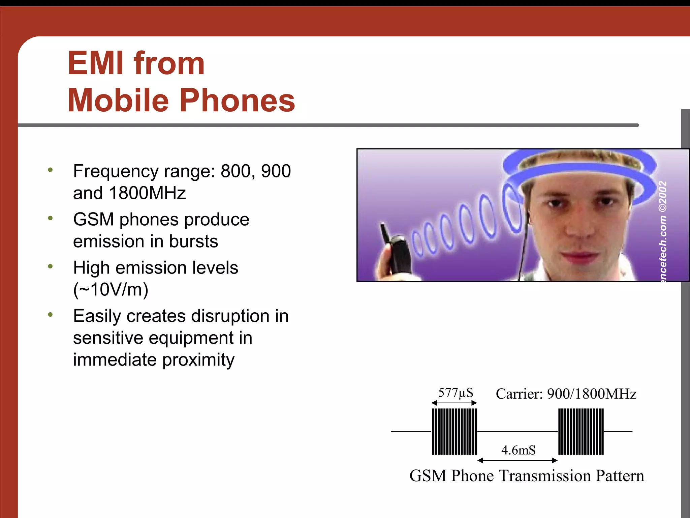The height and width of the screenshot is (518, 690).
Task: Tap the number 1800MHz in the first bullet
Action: (147, 193)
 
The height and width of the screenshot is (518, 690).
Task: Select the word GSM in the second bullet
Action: (93, 220)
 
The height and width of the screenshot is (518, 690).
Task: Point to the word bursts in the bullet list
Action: (193, 241)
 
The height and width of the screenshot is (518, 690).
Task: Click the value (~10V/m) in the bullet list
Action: (111, 290)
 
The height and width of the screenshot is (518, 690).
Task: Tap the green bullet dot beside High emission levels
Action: (51, 266)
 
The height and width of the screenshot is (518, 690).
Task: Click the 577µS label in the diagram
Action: (455, 393)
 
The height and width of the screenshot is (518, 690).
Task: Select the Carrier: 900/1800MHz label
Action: (566, 394)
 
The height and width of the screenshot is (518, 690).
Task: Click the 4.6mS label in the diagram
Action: (518, 450)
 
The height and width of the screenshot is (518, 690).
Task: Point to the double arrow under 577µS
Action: (454, 403)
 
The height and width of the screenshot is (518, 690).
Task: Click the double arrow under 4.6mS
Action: (517, 460)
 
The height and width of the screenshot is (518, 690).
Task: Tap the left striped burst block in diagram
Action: (454, 432)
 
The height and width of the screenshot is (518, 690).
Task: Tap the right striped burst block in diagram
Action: (581, 432)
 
